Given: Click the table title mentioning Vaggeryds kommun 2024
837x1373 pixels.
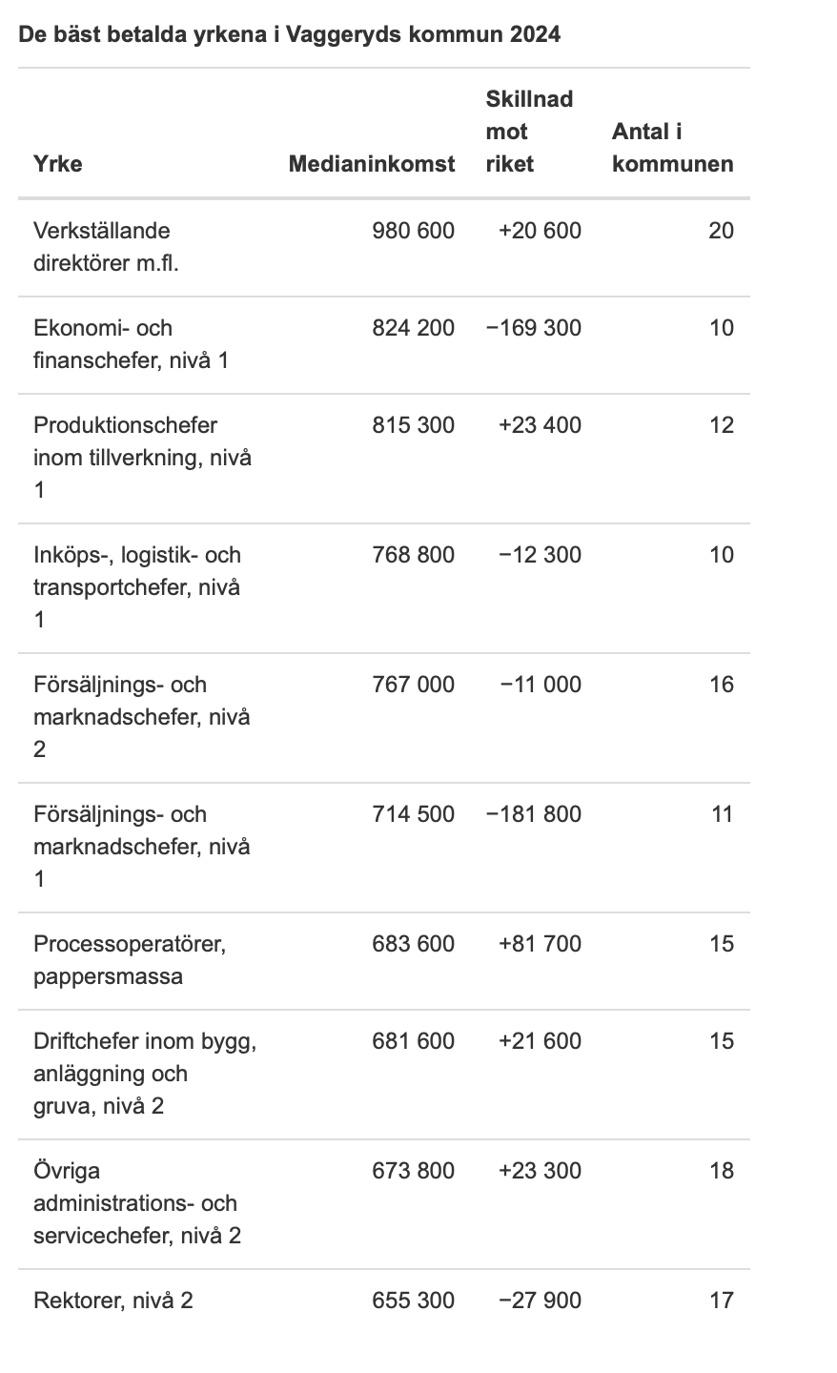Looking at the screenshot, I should tap(289, 35).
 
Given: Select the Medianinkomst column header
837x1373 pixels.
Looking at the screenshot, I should tap(372, 164).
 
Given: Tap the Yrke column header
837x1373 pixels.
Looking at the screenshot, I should tap(58, 164).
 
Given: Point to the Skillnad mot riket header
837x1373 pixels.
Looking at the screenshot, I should tap(529, 132).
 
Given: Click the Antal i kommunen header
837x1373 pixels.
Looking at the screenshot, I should tap(672, 148).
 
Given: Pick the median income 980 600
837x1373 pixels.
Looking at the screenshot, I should tap(413, 231).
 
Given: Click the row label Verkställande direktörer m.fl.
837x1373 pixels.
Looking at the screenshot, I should tap(106, 246).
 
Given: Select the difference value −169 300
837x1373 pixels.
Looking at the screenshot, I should tap(533, 328).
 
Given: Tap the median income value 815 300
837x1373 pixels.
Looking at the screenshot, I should tap(413, 425).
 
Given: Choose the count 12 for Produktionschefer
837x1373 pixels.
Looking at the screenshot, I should tap(721, 425).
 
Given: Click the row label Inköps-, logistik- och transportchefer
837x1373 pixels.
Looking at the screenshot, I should tap(137, 587).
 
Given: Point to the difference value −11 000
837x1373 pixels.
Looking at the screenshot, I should tap(540, 685).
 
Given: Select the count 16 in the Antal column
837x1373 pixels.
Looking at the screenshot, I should tap(721, 685).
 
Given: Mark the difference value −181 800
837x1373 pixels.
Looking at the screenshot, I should tap(533, 814).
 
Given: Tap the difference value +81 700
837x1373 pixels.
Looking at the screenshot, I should tap(540, 944).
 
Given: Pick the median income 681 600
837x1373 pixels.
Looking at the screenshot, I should tap(413, 1041).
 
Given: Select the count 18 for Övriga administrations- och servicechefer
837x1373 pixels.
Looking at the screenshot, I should tap(721, 1171).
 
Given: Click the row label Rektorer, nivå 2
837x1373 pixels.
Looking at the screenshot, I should tap(113, 1301).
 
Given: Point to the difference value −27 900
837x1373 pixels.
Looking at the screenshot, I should tap(540, 1301).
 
